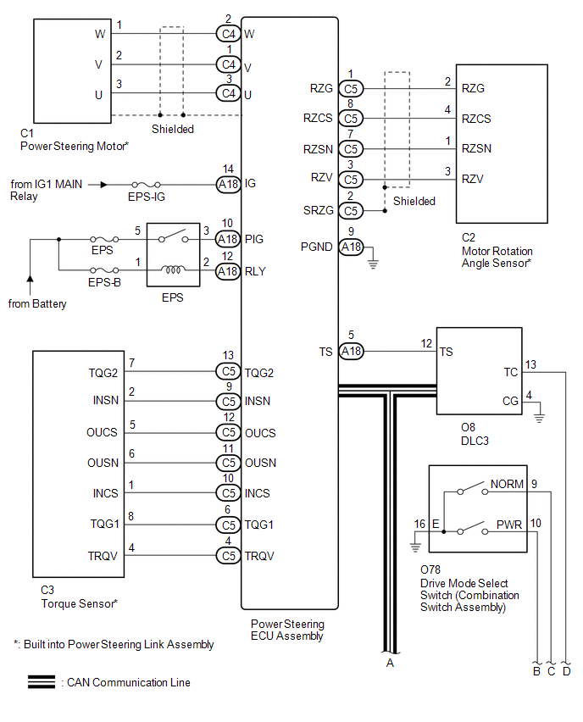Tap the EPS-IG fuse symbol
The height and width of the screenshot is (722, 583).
click(x=147, y=184)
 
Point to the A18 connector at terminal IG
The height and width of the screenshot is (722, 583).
click(x=228, y=184)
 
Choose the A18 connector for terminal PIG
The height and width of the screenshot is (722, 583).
click(x=228, y=240)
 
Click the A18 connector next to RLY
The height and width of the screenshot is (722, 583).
click(x=228, y=271)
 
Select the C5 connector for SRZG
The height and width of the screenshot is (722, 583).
click(x=351, y=210)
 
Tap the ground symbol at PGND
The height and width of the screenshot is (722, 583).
click(x=373, y=264)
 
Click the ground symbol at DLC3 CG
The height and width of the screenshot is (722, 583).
click(x=540, y=416)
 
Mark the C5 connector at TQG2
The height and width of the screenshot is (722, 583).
click(x=228, y=371)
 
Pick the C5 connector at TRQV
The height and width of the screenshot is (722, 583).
click(x=228, y=556)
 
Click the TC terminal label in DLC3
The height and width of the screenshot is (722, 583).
click(x=510, y=371)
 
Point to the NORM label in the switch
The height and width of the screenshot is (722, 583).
click(x=506, y=485)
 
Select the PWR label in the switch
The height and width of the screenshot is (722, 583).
click(x=508, y=525)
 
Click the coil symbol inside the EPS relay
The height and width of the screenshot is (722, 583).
click(x=173, y=271)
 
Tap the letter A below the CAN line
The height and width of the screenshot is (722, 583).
click(x=390, y=663)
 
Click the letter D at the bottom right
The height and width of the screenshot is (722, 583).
click(x=566, y=671)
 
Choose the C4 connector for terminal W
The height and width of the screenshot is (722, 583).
click(x=228, y=34)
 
